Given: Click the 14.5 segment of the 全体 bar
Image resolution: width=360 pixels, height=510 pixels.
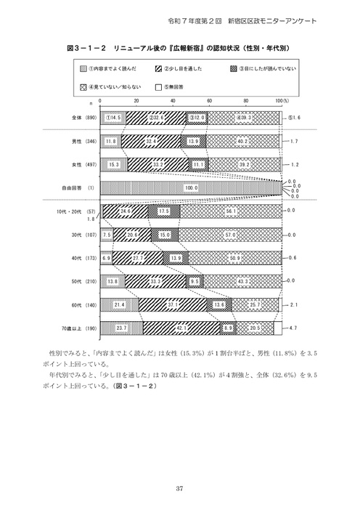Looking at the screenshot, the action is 113,116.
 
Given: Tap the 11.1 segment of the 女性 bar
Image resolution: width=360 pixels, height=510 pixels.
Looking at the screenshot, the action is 200,164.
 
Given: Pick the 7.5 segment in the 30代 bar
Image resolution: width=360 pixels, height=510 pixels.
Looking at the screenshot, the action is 107,235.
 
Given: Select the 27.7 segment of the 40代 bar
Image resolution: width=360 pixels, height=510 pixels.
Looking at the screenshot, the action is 139,259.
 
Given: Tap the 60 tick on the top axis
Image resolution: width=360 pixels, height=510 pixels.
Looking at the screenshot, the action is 209,102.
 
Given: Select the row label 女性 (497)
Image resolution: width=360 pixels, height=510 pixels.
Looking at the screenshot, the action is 76,164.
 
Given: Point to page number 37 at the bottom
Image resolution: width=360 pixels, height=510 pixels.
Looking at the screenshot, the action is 180,488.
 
